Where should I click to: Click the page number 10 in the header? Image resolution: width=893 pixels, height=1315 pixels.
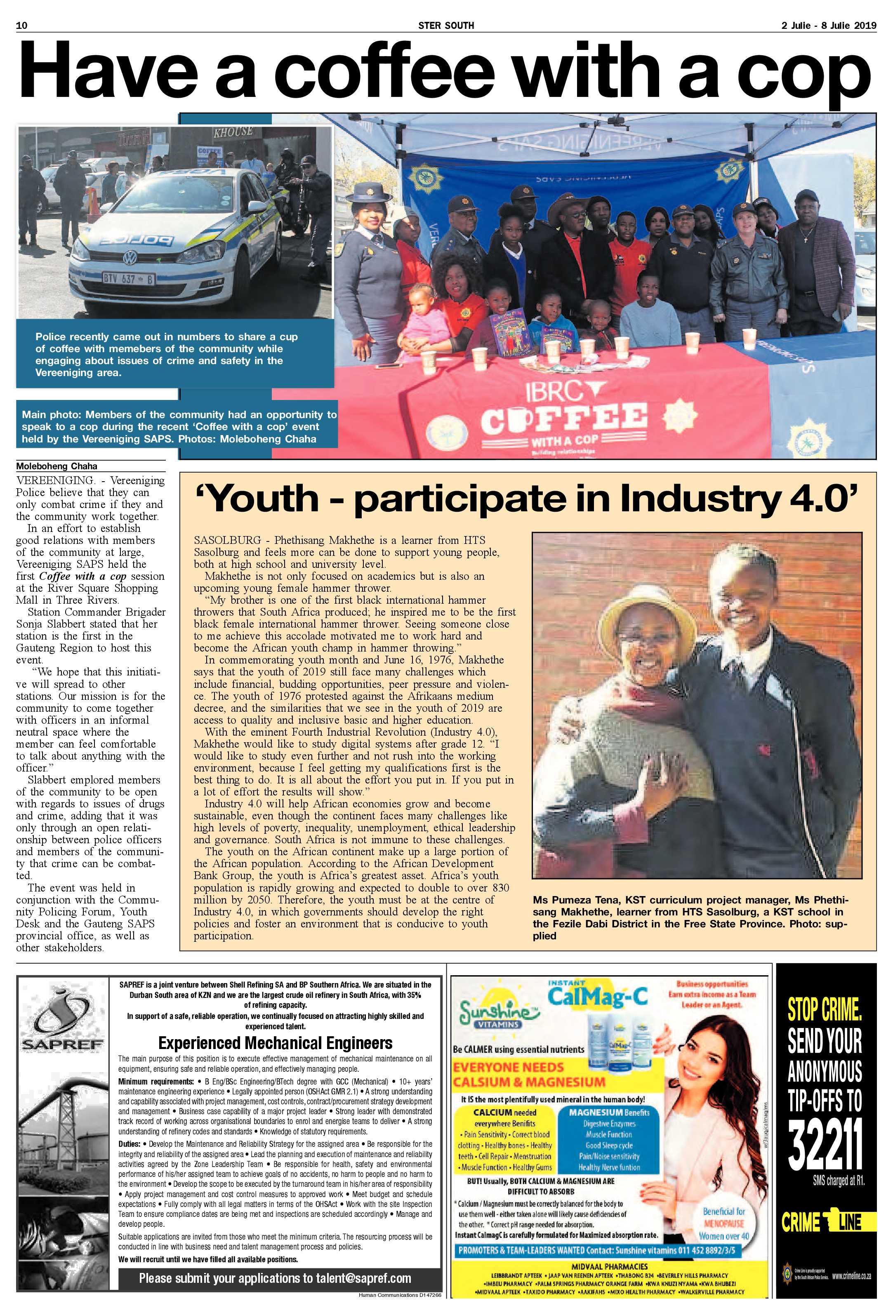(x=22, y=26)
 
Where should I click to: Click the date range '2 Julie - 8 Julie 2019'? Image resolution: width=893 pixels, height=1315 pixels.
(x=829, y=26)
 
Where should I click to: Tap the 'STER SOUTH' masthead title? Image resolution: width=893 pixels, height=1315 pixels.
(x=446, y=26)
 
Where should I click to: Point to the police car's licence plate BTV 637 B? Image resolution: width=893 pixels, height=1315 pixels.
(x=128, y=278)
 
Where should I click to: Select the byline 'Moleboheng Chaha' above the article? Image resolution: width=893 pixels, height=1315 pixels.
(x=57, y=466)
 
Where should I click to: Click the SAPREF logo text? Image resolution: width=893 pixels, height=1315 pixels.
(x=62, y=1043)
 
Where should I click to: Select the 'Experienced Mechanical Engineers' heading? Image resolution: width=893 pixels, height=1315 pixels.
(x=275, y=1043)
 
